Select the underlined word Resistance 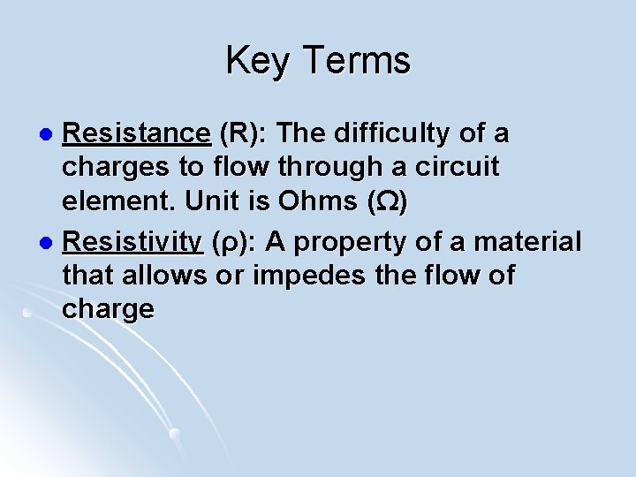pyautogui.click(x=136, y=133)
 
